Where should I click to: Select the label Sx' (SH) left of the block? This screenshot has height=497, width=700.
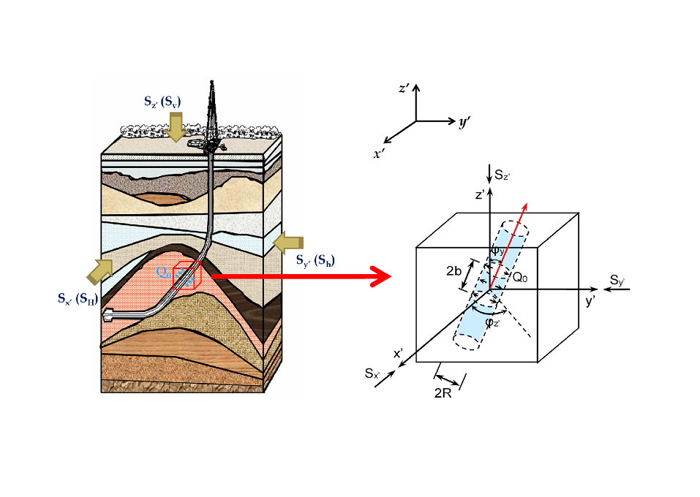(77, 297)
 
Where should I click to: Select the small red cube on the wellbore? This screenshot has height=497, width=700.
(185, 275)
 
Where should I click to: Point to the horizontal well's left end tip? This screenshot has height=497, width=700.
(108, 316)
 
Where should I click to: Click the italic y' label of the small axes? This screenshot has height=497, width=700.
(464, 123)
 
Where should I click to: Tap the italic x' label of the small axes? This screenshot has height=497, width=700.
(378, 153)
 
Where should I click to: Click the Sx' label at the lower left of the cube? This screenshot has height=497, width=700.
(373, 373)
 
